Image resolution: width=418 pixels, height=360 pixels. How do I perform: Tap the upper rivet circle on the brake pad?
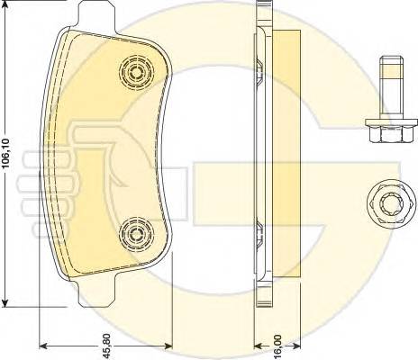point(137,72)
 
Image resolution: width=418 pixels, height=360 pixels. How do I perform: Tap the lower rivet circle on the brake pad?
point(137,234)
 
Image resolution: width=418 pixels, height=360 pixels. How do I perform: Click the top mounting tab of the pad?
point(96,15)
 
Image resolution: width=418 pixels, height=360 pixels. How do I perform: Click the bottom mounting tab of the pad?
point(96,294)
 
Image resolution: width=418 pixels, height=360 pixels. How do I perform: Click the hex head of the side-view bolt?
point(391,134)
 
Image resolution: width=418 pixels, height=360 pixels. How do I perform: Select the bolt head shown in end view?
point(391,206)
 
